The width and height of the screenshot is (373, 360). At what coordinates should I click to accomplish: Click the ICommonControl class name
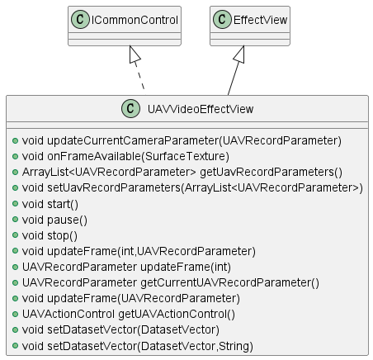(135, 20)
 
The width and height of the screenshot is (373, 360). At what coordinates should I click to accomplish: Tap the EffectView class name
(260, 20)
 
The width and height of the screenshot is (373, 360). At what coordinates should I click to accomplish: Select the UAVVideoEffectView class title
(201, 109)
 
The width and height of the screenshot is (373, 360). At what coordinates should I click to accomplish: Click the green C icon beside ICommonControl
(80, 20)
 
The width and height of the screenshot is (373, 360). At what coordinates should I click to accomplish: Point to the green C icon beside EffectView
(222, 20)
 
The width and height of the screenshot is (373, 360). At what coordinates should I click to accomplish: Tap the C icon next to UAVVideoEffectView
(130, 109)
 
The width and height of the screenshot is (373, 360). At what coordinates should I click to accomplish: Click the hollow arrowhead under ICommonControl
(135, 54)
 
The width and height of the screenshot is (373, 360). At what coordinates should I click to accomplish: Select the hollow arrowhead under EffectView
(239, 54)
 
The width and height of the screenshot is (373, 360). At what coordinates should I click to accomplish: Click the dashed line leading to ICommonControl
(139, 76)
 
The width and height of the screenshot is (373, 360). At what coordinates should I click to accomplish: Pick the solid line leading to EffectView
(234, 79)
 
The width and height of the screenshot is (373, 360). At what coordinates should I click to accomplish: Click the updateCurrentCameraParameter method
(182, 141)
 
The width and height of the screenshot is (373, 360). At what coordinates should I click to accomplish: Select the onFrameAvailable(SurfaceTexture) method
(125, 157)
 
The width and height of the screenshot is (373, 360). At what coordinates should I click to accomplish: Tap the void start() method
(50, 205)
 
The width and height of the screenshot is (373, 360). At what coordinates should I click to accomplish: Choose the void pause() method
(54, 220)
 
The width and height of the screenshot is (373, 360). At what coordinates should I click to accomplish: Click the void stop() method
(50, 236)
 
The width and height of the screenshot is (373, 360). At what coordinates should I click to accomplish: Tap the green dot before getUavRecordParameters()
(15, 173)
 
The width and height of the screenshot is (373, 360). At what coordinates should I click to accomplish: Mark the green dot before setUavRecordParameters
(15, 188)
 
